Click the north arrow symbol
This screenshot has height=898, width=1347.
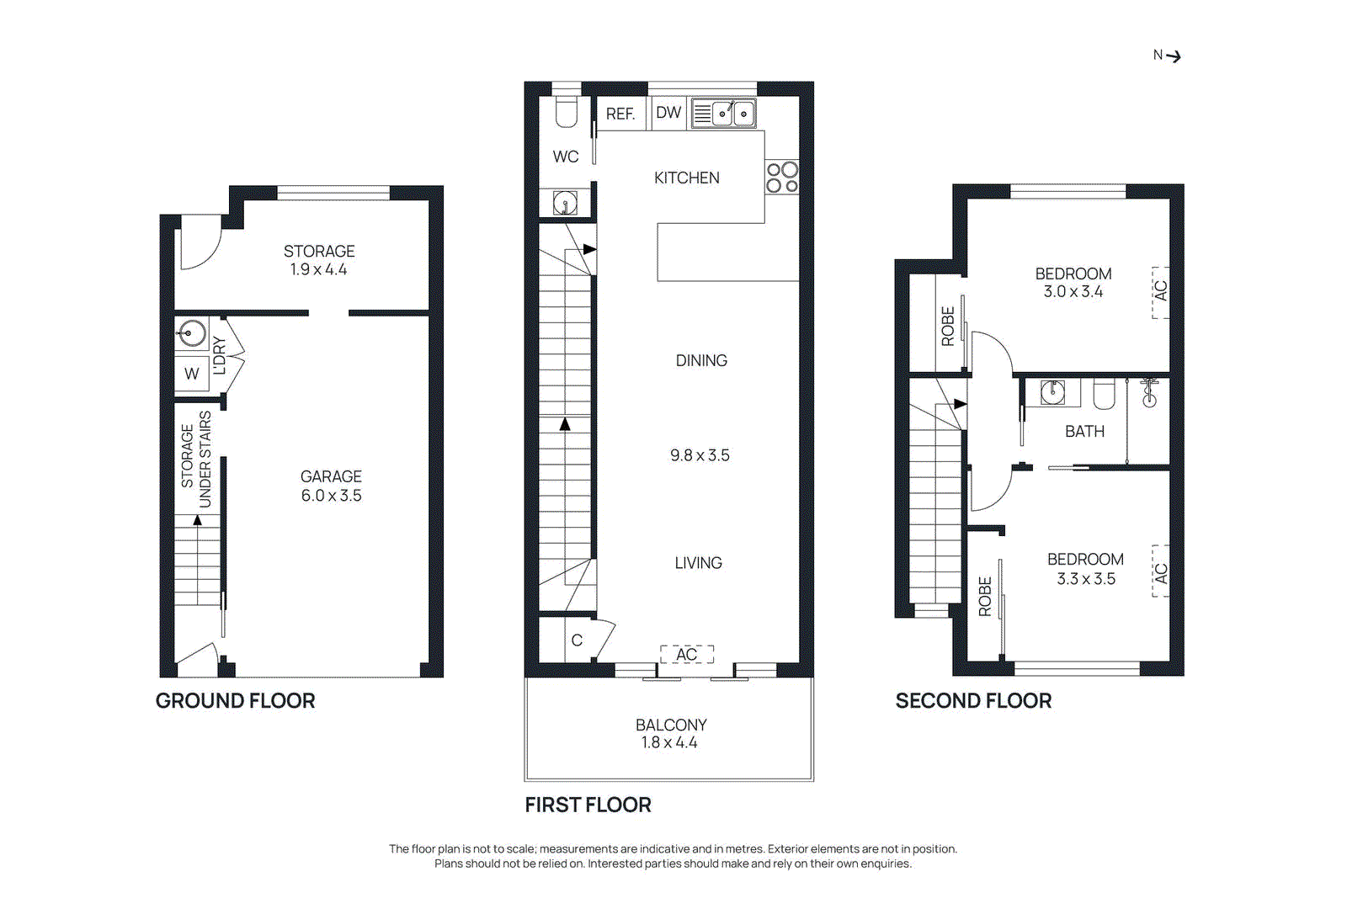1173,56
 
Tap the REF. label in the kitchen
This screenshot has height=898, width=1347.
620,114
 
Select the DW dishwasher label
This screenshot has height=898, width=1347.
668,113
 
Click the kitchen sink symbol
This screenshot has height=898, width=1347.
723,113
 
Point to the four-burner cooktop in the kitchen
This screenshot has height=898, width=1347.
782,178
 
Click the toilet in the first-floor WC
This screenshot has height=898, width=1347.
567,113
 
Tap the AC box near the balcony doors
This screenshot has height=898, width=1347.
687,655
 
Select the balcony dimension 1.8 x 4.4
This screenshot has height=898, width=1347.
669,742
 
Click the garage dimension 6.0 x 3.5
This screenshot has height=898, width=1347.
332,496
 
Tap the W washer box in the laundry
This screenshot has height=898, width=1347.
192,374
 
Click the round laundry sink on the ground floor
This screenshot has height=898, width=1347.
193,333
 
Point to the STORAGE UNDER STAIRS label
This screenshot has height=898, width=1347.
196,459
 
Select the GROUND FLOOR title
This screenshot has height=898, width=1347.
236,701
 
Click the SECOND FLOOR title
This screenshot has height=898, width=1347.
973,701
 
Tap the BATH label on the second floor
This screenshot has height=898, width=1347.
1084,432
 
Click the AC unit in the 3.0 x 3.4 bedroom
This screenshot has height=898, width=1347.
1161,291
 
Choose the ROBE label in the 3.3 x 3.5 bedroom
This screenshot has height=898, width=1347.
985,597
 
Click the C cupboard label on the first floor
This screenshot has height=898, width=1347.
577,640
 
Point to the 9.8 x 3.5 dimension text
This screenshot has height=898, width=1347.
700,455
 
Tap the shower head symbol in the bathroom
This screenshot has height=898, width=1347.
1149,394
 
